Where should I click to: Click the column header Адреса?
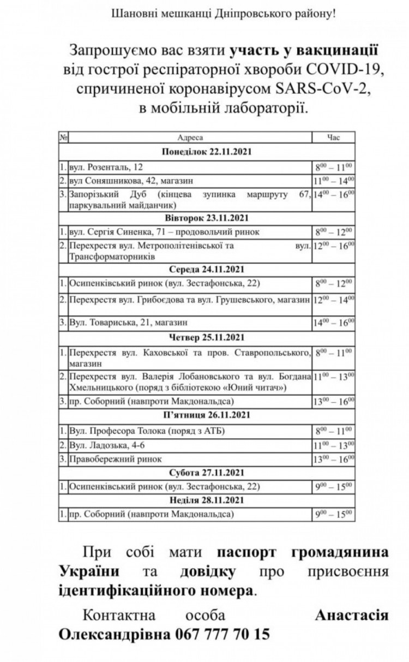tap(190, 138)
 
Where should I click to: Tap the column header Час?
tap(333, 138)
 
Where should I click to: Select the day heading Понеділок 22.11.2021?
tap(206, 151)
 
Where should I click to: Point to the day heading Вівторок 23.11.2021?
tap(206, 218)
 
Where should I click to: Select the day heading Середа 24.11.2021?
tap(206, 269)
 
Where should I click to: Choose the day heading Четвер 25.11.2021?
tap(206, 337)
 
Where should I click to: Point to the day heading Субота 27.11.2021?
tap(206, 472)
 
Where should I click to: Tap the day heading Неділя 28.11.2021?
tap(206, 499)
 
